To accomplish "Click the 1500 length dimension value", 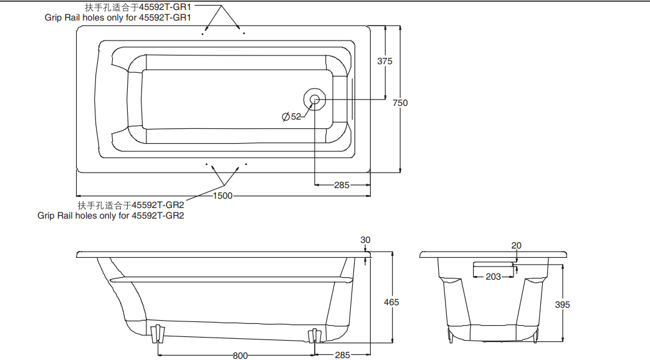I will (222, 196).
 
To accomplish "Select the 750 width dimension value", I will (400, 103).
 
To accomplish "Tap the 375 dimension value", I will (385, 61).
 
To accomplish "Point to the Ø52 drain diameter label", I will (292, 116).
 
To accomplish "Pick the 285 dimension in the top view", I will (342, 185).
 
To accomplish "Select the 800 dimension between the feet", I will (240, 356).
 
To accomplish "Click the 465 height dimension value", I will (391, 302).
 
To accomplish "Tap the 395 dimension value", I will (562, 305).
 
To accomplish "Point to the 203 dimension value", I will (493, 277).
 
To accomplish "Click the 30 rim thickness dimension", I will (365, 240).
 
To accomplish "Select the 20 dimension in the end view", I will (516, 245).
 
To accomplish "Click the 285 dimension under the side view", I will (342, 356).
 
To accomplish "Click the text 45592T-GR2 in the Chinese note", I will (158, 204).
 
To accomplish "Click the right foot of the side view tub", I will (314, 336).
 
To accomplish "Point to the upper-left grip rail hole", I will (203, 34).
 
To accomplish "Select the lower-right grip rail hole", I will (247, 164).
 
